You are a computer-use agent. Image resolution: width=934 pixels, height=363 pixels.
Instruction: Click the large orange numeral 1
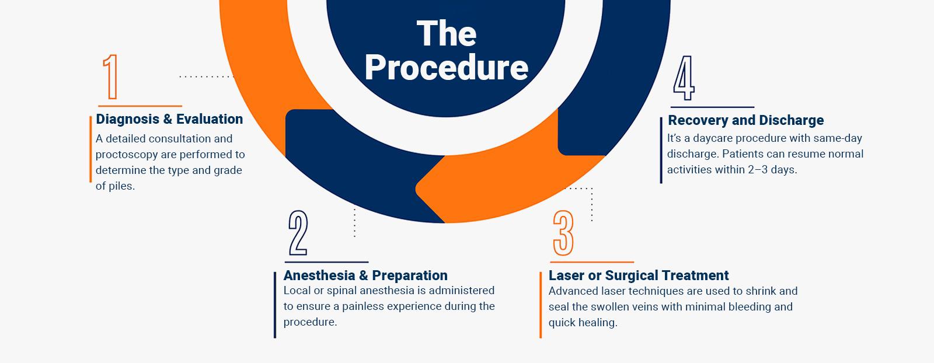pos(110,76)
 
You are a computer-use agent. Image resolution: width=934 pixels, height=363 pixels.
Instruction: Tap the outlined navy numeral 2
pos(298,232)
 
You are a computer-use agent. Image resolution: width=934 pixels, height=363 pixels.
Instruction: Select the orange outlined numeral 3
pos(563,232)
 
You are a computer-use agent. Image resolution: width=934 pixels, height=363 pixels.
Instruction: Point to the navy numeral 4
pos(684,78)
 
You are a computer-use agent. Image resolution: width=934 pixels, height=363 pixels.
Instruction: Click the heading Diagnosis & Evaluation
pos(169,119)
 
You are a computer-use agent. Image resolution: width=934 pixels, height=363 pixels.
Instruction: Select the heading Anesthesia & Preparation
pos(365,275)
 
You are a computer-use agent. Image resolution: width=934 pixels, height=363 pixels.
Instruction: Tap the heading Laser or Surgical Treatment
pos(639,275)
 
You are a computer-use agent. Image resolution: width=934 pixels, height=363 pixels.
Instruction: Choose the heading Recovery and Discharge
pos(746,120)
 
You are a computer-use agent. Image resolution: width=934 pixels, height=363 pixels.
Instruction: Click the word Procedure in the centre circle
pos(447,68)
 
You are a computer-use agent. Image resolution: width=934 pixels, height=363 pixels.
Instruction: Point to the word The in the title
pos(447,33)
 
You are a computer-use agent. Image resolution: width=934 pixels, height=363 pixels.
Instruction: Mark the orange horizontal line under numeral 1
pos(140,106)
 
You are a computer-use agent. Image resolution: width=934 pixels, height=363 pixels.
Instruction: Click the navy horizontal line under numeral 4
pos(713,107)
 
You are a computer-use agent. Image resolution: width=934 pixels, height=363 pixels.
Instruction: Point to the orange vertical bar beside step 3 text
pos(541,305)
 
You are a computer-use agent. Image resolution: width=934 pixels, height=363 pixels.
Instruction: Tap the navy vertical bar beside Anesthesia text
pos(275,305)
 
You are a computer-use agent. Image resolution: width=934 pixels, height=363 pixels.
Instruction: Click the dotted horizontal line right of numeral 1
pos(207,76)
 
